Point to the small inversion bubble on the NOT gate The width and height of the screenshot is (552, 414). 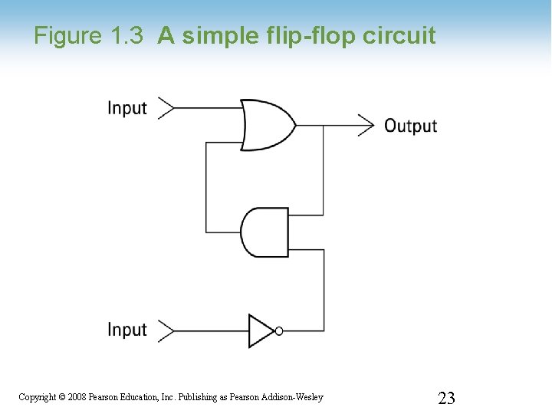279,331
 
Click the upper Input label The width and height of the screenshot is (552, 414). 127,108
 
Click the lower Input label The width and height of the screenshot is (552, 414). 127,330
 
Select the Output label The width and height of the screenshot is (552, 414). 410,126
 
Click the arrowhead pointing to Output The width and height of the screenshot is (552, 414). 366,124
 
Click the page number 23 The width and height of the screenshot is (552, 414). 446,397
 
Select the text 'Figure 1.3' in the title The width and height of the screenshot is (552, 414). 88,36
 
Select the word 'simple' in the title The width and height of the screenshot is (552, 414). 221,36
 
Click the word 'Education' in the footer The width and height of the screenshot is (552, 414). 140,397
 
